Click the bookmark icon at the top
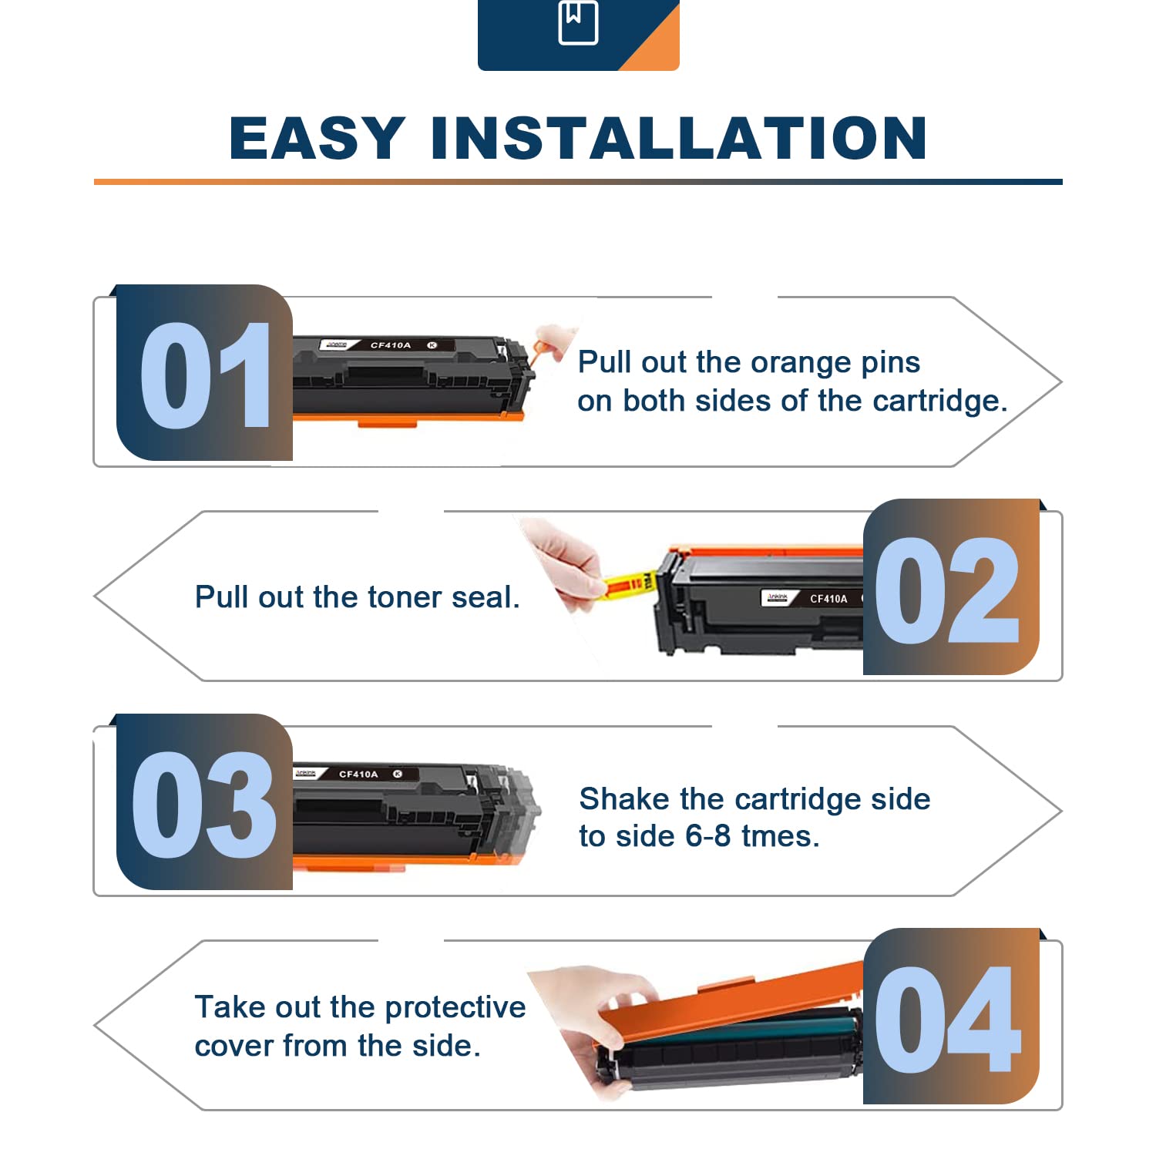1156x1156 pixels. [x=578, y=22]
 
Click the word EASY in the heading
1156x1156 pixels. [x=318, y=139]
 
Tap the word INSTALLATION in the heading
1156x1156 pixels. [x=679, y=139]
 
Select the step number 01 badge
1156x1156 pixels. [x=204, y=373]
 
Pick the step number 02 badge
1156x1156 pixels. [x=951, y=587]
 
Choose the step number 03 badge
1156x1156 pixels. [x=204, y=802]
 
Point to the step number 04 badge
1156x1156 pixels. [x=951, y=1017]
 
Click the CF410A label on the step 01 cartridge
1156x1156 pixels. [x=391, y=345]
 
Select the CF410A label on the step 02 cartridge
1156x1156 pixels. [x=828, y=599]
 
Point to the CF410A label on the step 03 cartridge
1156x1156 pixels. [x=358, y=774]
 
